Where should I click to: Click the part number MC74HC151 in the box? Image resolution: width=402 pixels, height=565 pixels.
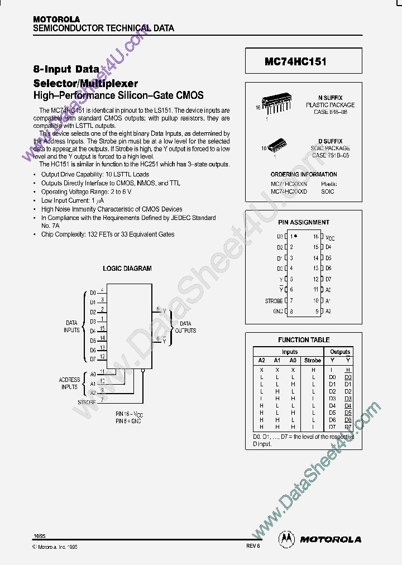pyautogui.click(x=295, y=62)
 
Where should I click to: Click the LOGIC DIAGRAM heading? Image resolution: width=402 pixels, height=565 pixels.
pyautogui.click(x=127, y=269)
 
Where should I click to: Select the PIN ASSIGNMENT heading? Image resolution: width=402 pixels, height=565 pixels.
pyautogui.click(x=304, y=222)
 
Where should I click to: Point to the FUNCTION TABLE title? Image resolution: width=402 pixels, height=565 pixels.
pyautogui.click(x=304, y=339)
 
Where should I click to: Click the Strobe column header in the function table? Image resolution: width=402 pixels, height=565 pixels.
pyautogui.click(x=313, y=361)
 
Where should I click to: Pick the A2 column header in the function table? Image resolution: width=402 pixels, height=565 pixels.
pyautogui.click(x=261, y=361)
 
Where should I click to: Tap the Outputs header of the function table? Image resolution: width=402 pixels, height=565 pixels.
pyautogui.click(x=339, y=352)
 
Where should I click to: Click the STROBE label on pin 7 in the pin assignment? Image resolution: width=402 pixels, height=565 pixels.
pyautogui.click(x=274, y=301)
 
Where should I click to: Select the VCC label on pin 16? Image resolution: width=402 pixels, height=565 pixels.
pyautogui.click(x=330, y=237)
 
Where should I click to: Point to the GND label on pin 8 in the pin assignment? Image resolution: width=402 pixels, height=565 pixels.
pyautogui.click(x=277, y=311)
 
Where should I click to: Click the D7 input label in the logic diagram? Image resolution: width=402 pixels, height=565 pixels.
pyautogui.click(x=93, y=360)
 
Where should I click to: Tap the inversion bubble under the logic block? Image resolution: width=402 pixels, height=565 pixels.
pyautogui.click(x=143, y=370)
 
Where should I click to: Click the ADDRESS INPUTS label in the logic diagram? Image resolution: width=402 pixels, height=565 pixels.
pyautogui.click(x=70, y=384)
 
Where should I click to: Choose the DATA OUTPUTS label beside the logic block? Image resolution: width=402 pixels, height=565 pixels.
pyautogui.click(x=185, y=327)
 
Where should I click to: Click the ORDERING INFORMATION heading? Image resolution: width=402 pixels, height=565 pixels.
pyautogui.click(x=304, y=174)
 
